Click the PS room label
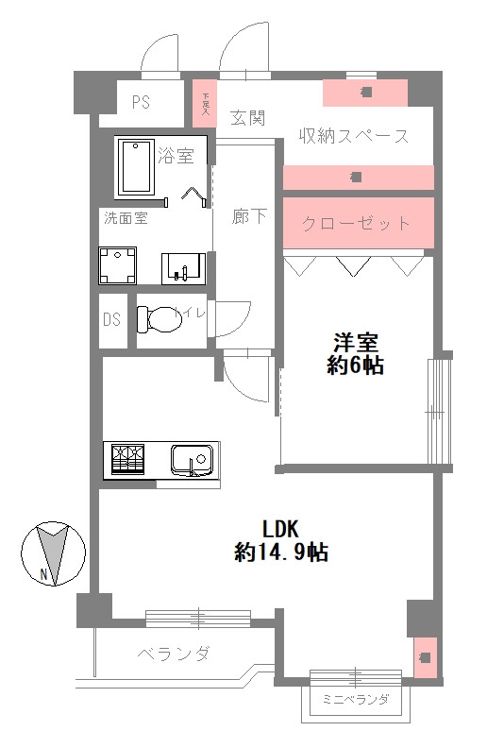pos(141,103)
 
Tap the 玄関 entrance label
pos(247,117)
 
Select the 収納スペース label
pos(354,136)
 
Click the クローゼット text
pos(357,224)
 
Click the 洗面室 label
pos(125,218)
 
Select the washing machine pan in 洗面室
pos(118,266)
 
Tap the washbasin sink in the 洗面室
pos(183,267)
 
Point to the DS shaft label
pos(112,319)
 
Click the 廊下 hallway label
pos(249,216)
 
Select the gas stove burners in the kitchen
pos(130,459)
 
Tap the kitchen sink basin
pos(192,460)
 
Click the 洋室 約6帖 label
pos(356,354)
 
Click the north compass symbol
pos(53,553)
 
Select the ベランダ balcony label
pos(173,654)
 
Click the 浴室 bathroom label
pos(176,155)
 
